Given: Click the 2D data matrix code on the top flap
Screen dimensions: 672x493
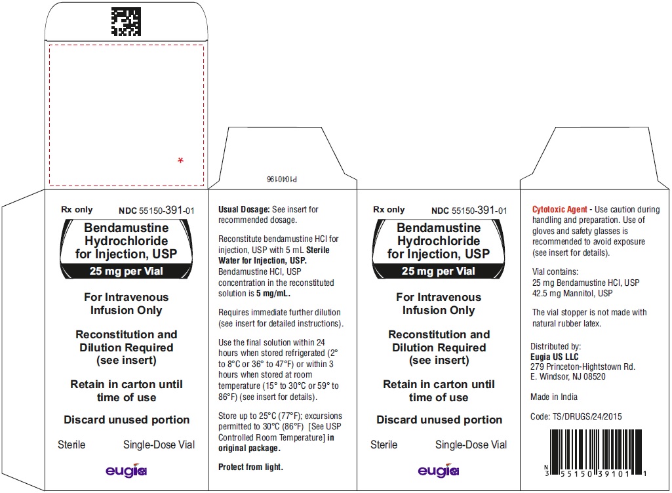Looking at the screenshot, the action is click(126, 22).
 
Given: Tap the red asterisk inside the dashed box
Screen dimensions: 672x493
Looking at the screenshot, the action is click(180, 161).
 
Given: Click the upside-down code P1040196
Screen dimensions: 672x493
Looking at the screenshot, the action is click(281, 179).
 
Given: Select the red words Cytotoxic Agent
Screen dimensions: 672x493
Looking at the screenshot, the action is click(559, 209).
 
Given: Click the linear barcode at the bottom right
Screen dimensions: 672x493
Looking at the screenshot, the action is click(596, 453).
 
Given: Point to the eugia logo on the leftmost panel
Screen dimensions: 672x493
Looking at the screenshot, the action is click(127, 470).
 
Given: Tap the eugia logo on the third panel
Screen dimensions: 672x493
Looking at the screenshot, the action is click(439, 470).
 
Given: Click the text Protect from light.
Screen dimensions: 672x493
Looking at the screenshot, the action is click(250, 467).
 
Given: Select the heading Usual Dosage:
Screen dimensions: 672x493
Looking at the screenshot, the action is click(244, 209).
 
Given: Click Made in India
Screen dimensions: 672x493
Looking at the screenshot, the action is click(554, 397).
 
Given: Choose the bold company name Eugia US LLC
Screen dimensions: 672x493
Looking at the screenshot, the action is click(554, 357).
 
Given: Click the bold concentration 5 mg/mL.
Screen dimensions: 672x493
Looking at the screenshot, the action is click(273, 294).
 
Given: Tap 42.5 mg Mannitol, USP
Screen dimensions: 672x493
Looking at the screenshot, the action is click(572, 293).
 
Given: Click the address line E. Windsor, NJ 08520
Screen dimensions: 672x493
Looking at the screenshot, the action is click(568, 376).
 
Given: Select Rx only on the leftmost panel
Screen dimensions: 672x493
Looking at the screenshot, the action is click(77, 210).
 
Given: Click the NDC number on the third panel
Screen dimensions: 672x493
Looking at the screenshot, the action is click(469, 210).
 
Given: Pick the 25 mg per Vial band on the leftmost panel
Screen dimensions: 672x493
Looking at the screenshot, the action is click(127, 271).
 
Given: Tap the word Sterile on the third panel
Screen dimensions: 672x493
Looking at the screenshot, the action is click(384, 445).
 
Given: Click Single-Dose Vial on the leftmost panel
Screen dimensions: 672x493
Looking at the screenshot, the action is click(159, 445).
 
